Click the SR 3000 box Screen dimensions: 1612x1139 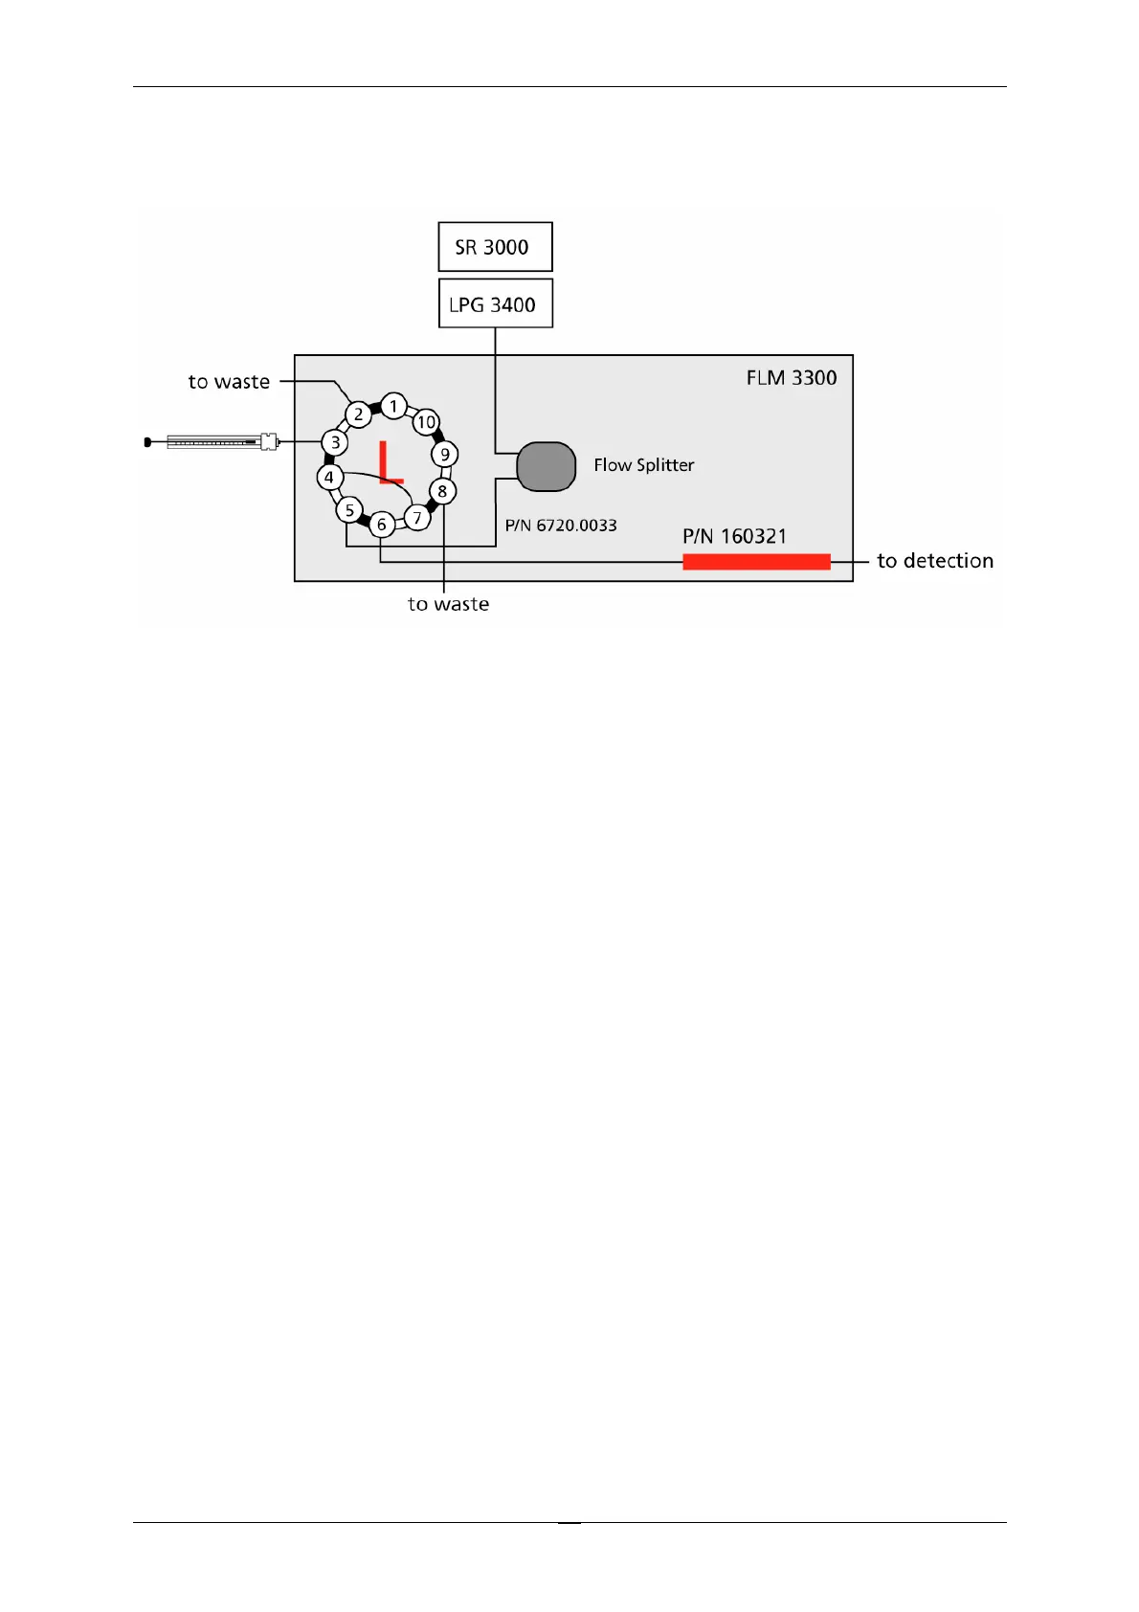495,247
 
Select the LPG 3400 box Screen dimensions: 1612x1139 495,303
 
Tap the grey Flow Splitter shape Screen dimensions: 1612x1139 546,466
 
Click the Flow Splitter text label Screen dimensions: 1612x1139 643,465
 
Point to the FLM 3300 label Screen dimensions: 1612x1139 791,378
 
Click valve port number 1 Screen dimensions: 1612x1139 393,406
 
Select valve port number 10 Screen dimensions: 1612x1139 426,422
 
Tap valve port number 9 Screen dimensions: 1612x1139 444,455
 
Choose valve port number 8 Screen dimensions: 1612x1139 442,491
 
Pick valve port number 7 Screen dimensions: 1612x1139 417,518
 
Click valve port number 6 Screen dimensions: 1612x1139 381,524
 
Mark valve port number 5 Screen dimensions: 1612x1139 349,510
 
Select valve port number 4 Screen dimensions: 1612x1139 329,477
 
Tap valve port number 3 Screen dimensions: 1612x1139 335,442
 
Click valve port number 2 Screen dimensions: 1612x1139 358,414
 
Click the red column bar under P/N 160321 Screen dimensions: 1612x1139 756,562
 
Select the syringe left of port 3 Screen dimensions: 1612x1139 214,442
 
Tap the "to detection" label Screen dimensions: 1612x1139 934,561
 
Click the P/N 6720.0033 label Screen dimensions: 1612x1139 561,526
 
